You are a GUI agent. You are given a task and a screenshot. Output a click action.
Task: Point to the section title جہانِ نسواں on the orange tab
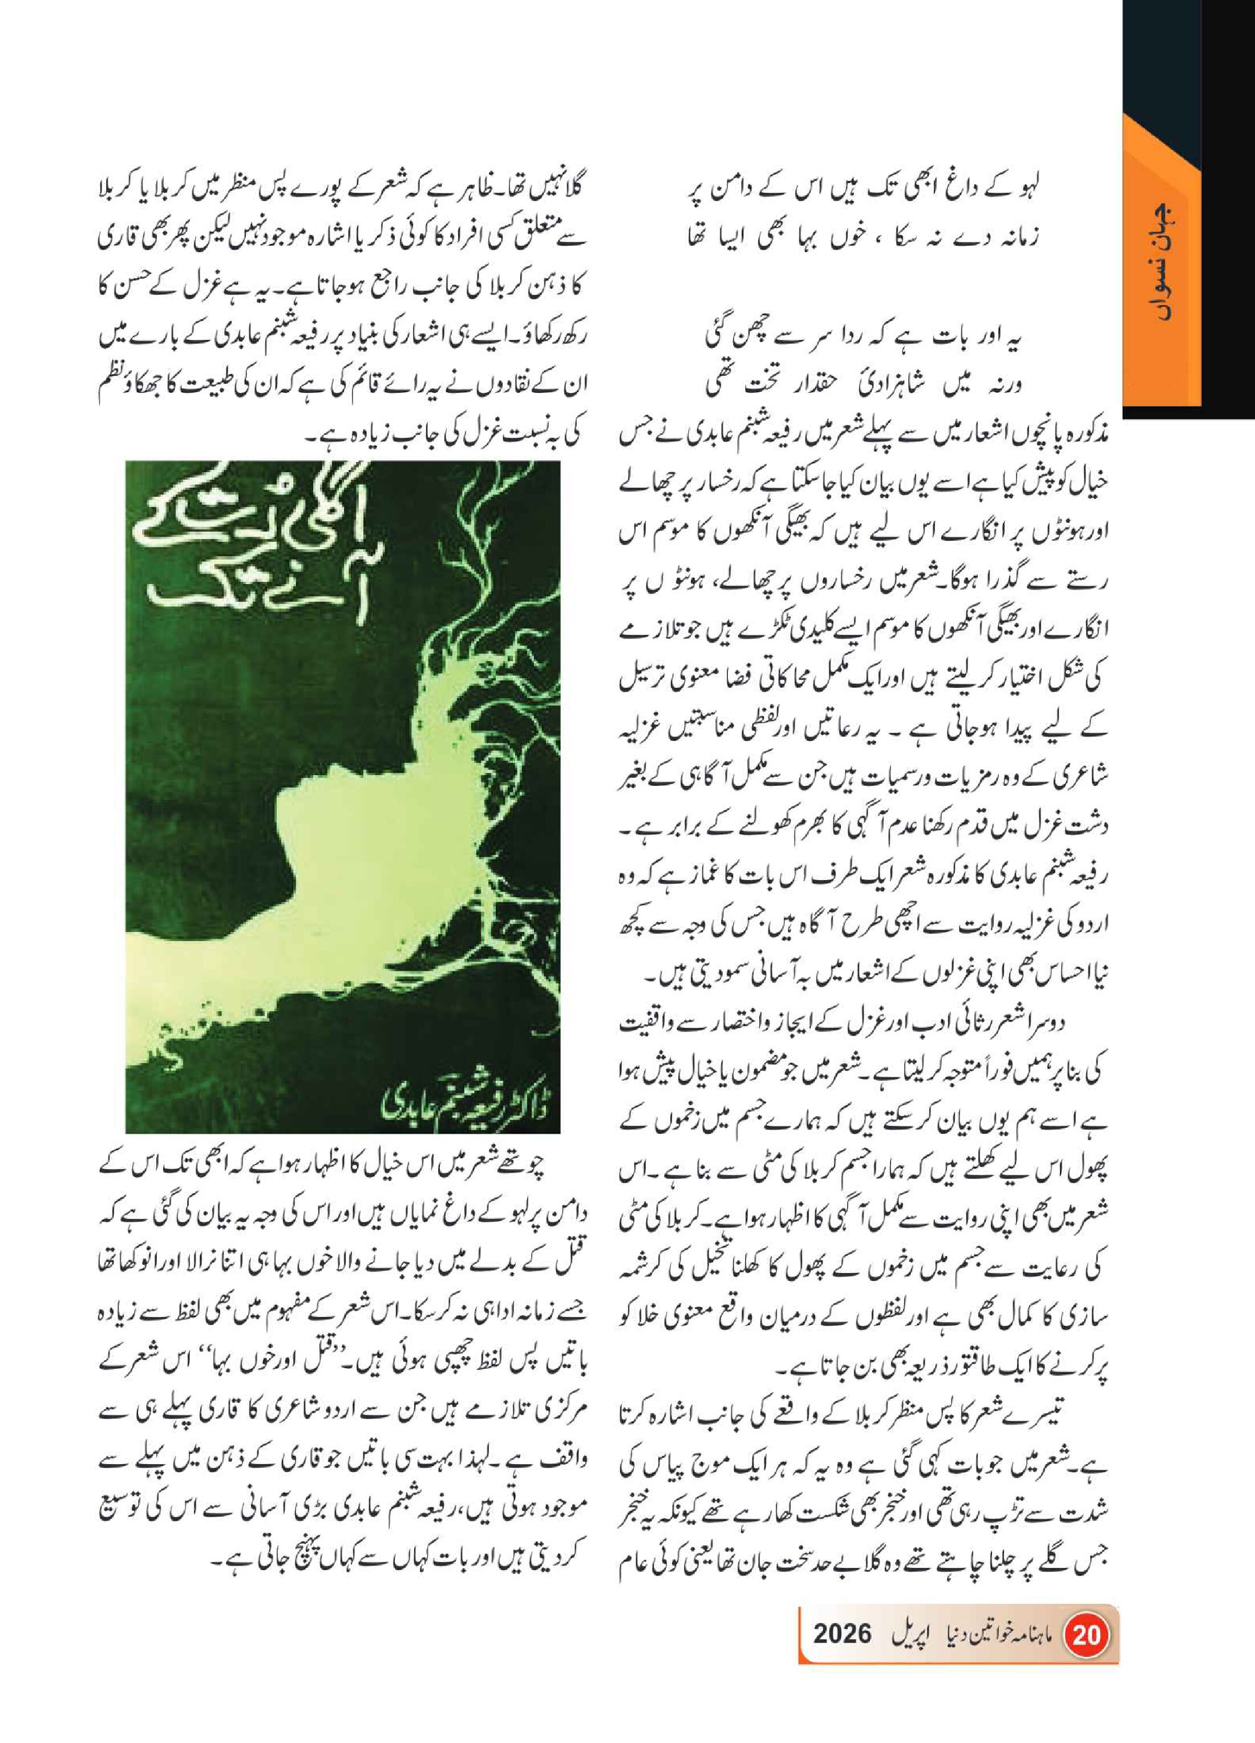tap(1163, 261)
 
